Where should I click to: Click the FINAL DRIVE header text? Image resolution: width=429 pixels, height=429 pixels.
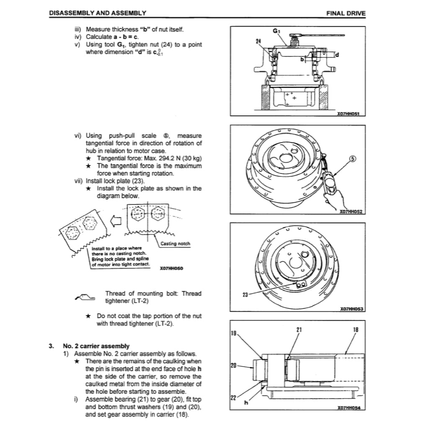pos(346,13)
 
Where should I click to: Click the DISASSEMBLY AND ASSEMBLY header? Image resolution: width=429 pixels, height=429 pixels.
pos(98,13)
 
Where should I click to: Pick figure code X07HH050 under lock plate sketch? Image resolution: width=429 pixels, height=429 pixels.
pos(172,268)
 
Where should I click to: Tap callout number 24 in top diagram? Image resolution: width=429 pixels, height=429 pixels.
pos(258,41)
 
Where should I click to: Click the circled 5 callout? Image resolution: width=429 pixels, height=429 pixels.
pos(353,159)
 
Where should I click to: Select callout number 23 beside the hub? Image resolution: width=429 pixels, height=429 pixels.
pos(245,295)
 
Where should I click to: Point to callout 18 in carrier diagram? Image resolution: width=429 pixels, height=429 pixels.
pos(356,329)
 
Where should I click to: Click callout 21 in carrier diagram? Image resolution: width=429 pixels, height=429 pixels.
pos(299,329)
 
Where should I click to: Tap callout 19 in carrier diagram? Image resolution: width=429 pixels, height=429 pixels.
pos(234,334)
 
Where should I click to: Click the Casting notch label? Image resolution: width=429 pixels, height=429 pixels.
pos(175,244)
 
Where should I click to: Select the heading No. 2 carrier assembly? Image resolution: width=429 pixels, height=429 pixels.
pos(96,346)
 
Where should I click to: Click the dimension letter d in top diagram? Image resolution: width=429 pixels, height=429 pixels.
pos(337,54)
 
